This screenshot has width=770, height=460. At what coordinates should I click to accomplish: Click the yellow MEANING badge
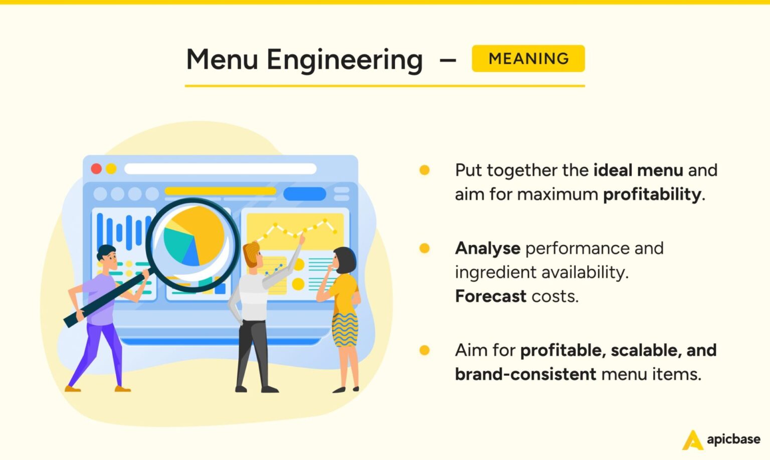tap(528, 59)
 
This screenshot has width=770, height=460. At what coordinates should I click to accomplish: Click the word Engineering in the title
tap(344, 60)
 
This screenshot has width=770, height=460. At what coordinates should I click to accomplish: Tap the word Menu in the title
tap(222, 59)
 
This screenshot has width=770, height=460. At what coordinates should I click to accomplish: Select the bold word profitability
tap(652, 194)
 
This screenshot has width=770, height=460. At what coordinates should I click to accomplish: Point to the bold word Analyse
tap(487, 248)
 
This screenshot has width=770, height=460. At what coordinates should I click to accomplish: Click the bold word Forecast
tap(490, 296)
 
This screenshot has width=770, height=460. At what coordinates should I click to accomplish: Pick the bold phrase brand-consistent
tap(525, 374)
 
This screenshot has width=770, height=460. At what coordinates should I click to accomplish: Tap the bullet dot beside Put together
tap(424, 170)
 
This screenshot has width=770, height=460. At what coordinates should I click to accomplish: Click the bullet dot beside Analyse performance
tap(424, 248)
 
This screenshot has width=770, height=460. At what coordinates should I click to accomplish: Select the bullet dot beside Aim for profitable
tap(424, 350)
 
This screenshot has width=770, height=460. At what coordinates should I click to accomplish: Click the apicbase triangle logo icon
tap(692, 440)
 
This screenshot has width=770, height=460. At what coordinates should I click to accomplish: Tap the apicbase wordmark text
tap(733, 439)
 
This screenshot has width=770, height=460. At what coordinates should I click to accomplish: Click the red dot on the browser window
tap(96, 169)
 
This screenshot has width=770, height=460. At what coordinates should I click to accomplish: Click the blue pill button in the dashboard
tap(304, 193)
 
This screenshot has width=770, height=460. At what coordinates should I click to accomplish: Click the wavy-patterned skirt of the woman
tap(345, 330)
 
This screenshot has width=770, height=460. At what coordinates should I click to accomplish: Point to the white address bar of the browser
tap(220, 169)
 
